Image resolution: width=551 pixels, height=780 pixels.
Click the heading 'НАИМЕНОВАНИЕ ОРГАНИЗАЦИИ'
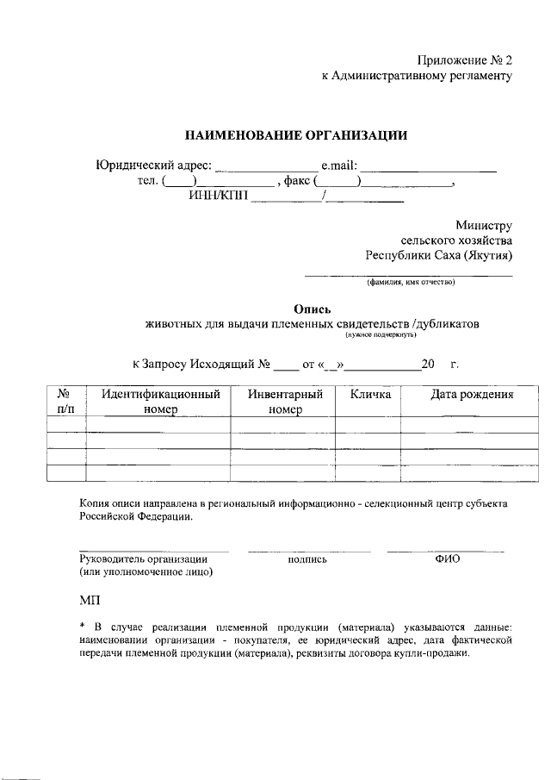296,135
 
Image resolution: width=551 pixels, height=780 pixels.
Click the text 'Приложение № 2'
464,60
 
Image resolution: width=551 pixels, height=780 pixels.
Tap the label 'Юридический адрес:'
152,165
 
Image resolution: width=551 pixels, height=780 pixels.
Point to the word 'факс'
297,181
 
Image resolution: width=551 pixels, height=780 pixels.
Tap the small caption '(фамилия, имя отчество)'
410,282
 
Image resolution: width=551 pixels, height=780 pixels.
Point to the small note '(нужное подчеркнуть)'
381,334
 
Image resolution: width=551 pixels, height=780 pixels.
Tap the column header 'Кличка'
370,395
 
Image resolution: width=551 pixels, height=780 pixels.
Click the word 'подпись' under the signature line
308,558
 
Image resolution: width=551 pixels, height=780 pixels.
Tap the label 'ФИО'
448,558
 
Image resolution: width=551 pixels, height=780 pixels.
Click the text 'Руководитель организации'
143,558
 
